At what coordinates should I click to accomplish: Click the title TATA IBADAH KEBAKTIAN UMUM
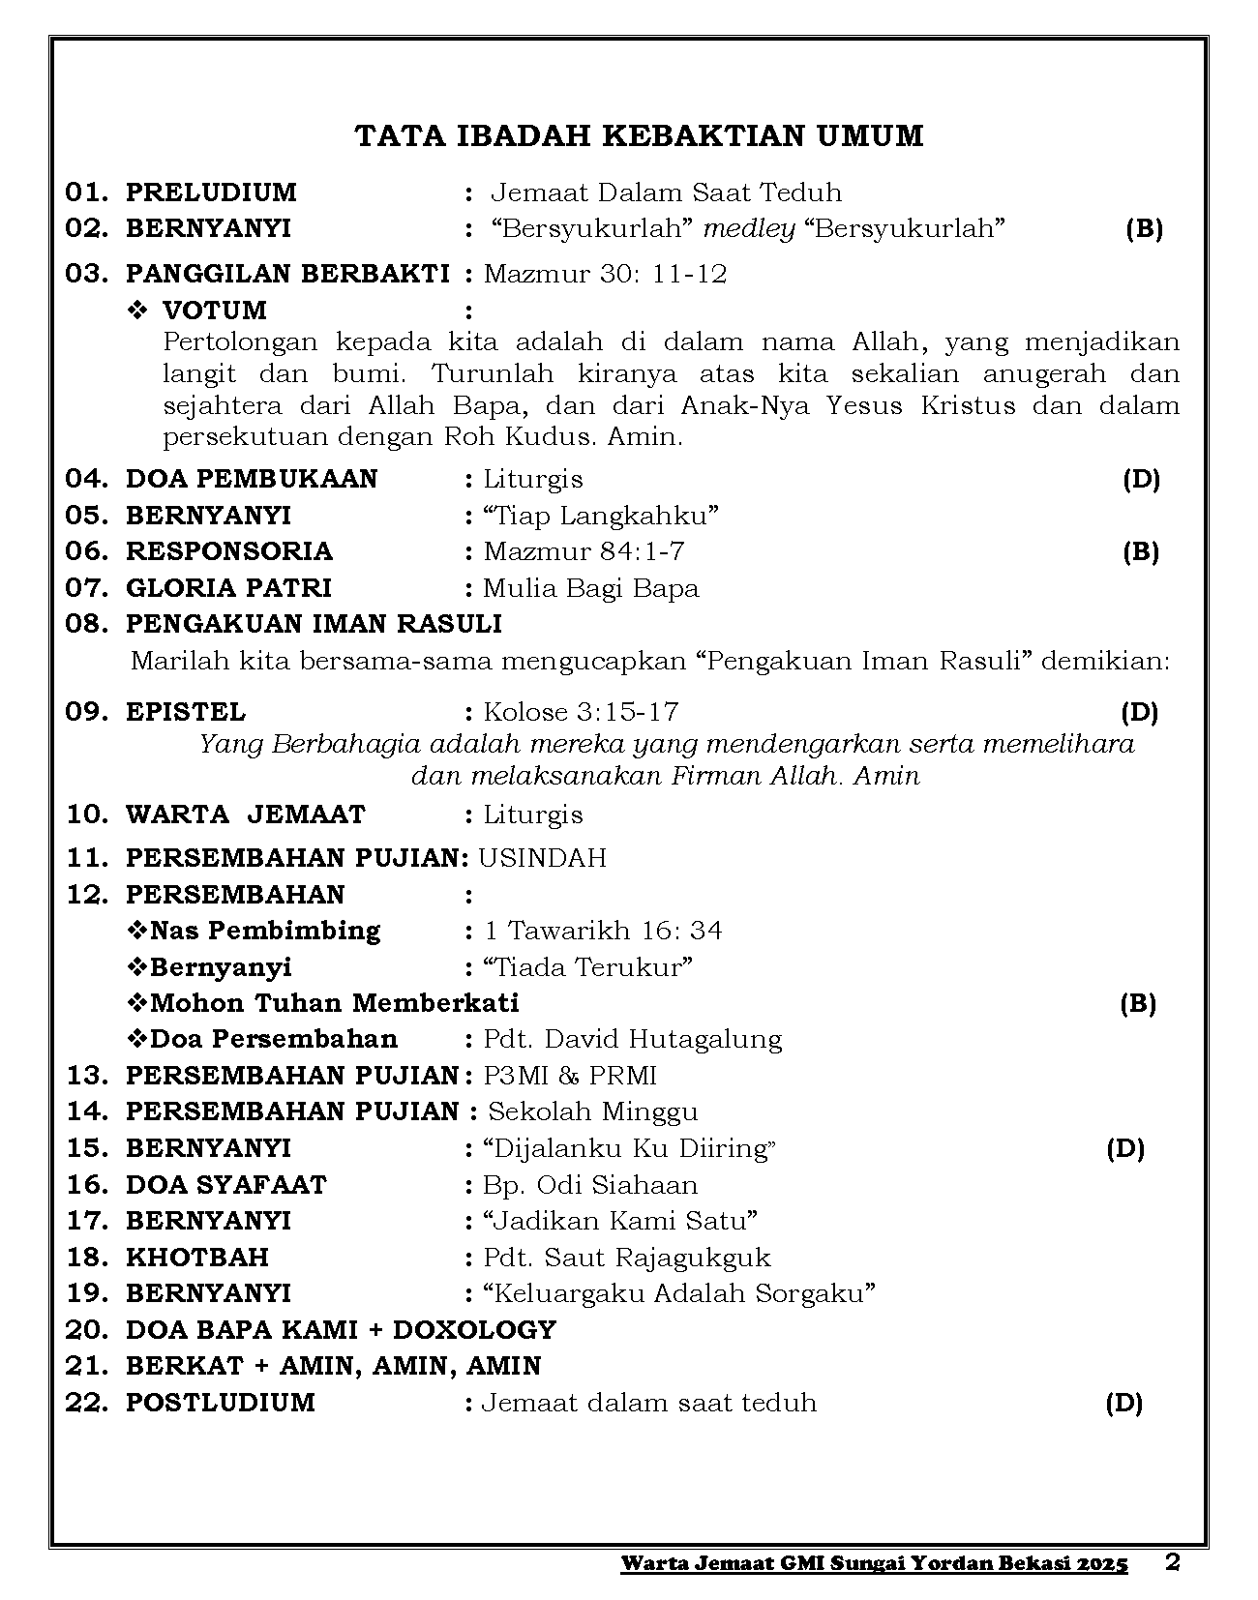click(x=639, y=136)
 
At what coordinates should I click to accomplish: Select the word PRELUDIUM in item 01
click(x=211, y=193)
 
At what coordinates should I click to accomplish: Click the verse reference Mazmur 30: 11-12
click(x=605, y=274)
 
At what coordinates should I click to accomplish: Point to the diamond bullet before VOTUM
click(x=137, y=311)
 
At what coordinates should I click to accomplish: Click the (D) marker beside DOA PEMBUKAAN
click(x=1141, y=479)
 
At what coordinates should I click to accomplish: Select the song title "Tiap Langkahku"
click(x=601, y=516)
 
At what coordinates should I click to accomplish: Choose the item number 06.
click(x=87, y=551)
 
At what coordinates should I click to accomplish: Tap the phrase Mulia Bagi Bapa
click(x=590, y=588)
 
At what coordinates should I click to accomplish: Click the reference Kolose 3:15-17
click(x=581, y=713)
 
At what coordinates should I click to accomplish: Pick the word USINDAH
click(x=542, y=858)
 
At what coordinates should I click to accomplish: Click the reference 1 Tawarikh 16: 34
click(x=603, y=931)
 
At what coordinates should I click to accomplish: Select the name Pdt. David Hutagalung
click(x=632, y=1040)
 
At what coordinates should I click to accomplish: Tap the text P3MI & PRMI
click(x=570, y=1076)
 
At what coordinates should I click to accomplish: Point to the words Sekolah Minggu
click(x=592, y=1112)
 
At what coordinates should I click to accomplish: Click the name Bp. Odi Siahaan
click(x=589, y=1185)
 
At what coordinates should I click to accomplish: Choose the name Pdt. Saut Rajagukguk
click(x=626, y=1258)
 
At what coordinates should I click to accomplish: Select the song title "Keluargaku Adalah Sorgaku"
click(x=679, y=1293)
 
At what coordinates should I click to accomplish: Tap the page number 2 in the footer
click(x=1173, y=1563)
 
